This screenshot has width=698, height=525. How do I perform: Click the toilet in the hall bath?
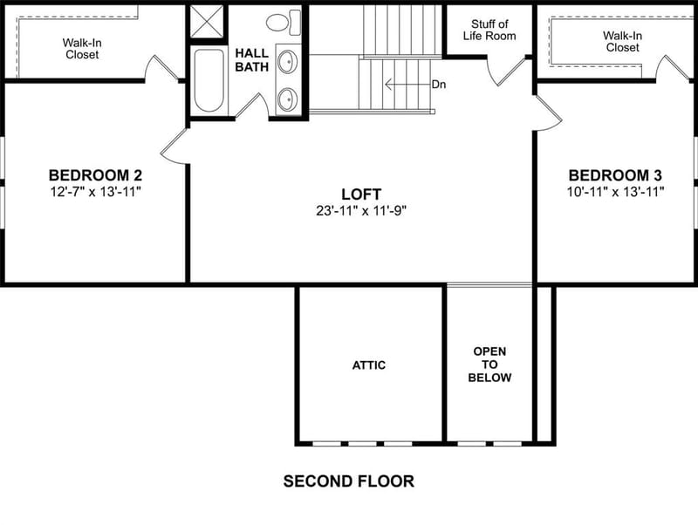click(x=284, y=23)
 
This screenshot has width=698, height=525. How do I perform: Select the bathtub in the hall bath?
click(x=209, y=80)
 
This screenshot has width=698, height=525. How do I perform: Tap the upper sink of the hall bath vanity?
click(x=288, y=61)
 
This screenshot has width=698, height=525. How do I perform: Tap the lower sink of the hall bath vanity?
click(x=288, y=99)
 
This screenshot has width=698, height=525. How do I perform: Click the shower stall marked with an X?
click(x=206, y=21)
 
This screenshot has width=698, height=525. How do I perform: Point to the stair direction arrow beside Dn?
click(x=407, y=84)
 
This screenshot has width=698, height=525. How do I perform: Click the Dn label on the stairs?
click(x=439, y=85)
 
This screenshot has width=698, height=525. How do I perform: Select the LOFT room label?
click(x=361, y=194)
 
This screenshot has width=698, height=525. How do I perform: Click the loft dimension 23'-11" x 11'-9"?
click(x=361, y=210)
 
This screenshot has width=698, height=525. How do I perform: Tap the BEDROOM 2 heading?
click(x=95, y=174)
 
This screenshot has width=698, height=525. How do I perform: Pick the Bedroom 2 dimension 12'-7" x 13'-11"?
click(x=95, y=192)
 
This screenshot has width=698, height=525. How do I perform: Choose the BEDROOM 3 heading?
click(x=615, y=175)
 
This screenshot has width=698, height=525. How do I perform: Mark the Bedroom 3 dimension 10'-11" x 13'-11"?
click(x=615, y=192)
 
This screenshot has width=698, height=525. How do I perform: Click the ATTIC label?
click(x=369, y=365)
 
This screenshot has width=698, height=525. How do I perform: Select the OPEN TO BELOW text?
click(x=489, y=365)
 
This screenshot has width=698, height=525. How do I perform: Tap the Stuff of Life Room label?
click(x=489, y=30)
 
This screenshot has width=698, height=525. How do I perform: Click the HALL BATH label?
click(x=252, y=60)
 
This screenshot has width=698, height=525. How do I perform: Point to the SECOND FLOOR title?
click(x=349, y=481)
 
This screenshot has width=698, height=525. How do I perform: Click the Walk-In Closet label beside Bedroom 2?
click(x=82, y=49)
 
